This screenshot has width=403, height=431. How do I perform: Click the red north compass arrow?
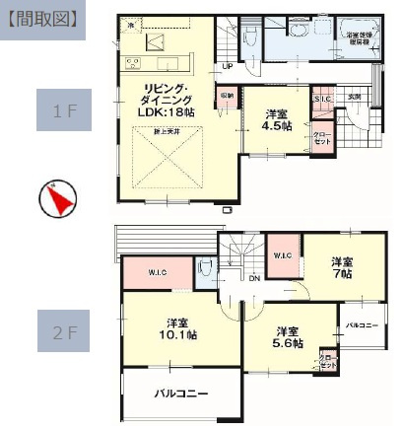[58, 200]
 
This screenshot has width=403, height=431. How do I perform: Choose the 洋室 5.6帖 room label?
[288, 337]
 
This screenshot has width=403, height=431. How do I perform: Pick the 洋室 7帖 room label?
[341, 267]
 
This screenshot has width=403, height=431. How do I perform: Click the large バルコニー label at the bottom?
[179, 393]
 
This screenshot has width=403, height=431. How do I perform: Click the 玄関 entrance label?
[354, 97]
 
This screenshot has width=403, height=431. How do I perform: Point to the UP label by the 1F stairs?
[228, 67]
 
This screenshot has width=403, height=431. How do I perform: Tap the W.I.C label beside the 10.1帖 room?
[157, 273]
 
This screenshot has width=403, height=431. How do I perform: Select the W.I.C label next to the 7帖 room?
[281, 253]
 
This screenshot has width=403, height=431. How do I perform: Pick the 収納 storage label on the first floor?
[226, 97]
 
